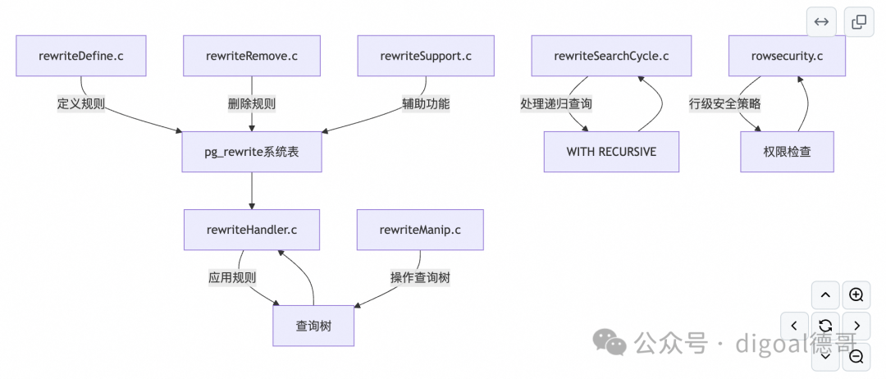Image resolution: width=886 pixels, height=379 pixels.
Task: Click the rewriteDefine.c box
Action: click(x=80, y=56)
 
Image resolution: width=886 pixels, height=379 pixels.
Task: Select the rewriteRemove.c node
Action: click(x=252, y=56)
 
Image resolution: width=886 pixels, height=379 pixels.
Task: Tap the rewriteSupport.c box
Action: click(x=426, y=56)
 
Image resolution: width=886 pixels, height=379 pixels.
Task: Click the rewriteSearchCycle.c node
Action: click(x=611, y=56)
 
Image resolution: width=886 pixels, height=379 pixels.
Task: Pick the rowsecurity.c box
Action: click(x=787, y=56)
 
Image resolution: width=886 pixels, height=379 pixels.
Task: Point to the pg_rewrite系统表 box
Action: click(x=252, y=152)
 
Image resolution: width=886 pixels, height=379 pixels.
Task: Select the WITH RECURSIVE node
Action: click(x=611, y=152)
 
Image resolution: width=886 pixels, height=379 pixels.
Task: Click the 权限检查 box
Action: click(x=787, y=152)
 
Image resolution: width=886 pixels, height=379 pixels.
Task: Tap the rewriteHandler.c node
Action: click(x=252, y=230)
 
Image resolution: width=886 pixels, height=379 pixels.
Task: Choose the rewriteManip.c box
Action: click(x=420, y=230)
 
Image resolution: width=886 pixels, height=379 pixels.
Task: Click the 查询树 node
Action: click(x=313, y=326)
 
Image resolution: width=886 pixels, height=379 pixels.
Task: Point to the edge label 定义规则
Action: click(x=81, y=104)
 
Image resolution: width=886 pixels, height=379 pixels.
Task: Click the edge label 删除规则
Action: click(x=252, y=104)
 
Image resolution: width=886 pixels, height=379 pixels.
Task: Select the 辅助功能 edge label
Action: click(x=426, y=104)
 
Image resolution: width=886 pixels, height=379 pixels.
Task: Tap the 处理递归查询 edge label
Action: click(x=556, y=104)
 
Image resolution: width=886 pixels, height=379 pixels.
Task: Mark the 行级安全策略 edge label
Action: click(x=725, y=104)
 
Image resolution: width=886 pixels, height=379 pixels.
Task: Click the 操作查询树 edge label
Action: click(x=420, y=278)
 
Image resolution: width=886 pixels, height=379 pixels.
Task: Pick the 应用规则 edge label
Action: click(x=232, y=278)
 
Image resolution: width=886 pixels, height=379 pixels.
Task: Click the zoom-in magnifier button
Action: click(x=856, y=295)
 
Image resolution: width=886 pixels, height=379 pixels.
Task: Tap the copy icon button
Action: click(x=859, y=22)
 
